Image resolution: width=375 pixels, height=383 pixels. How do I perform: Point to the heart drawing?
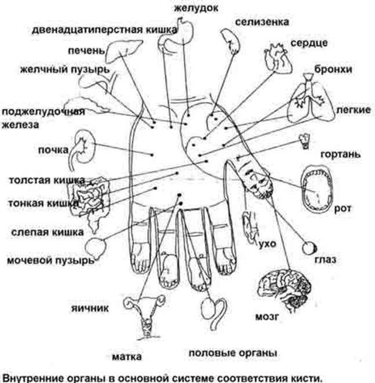tap(275, 57)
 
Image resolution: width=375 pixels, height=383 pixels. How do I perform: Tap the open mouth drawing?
tap(316, 188)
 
